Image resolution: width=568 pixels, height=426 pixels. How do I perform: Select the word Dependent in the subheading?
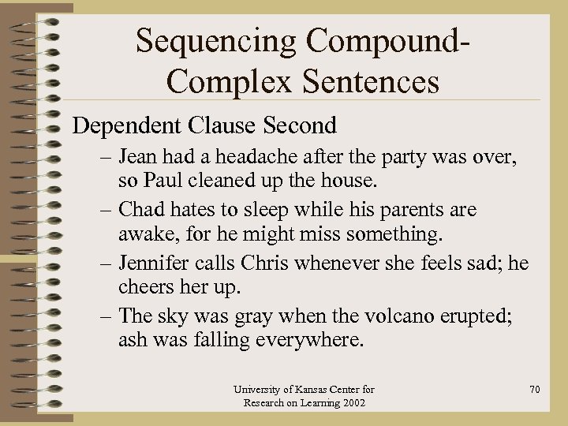tap(126, 125)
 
